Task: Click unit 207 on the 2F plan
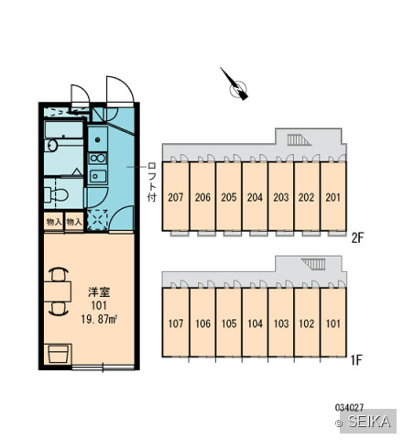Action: [176, 196]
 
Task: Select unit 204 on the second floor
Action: [255, 196]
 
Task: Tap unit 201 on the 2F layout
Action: [332, 196]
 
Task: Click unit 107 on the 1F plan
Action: [176, 323]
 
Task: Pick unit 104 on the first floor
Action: [255, 323]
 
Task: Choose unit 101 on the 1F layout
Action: [332, 323]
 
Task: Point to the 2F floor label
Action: [357, 237]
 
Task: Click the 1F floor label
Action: [356, 360]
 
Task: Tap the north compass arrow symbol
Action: [234, 84]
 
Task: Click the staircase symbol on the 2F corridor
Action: [299, 140]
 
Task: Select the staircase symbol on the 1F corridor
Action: [313, 264]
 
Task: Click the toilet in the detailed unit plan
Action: [56, 195]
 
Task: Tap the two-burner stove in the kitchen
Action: [97, 159]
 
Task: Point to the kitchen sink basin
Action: [98, 176]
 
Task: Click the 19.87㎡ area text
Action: [99, 319]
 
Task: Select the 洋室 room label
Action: [99, 292]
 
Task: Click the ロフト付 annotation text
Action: [151, 182]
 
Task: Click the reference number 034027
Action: [349, 407]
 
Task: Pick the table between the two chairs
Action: [58, 291]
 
